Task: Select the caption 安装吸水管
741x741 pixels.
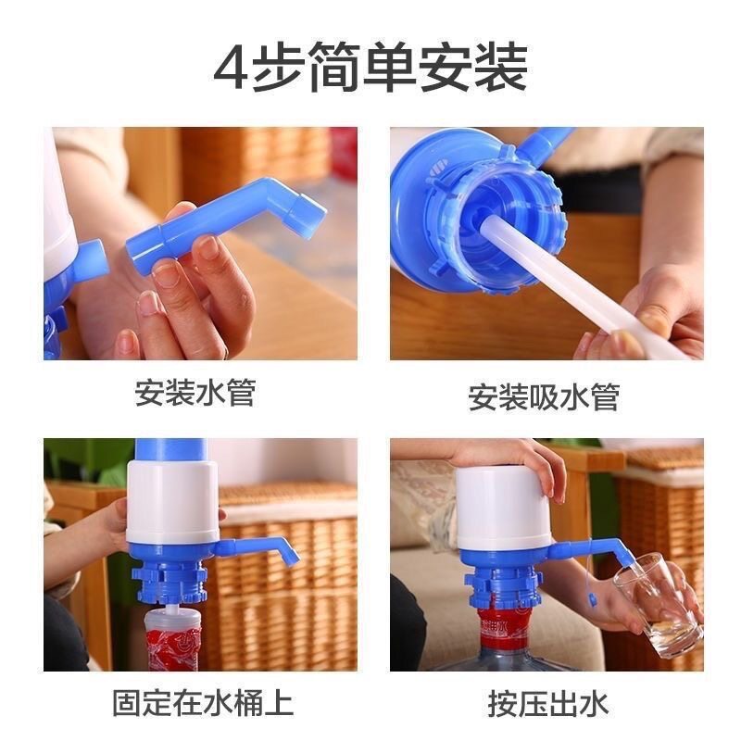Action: pos(543,396)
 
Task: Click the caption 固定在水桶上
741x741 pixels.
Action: pos(202,701)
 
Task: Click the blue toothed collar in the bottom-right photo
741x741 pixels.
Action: pos(505,584)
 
